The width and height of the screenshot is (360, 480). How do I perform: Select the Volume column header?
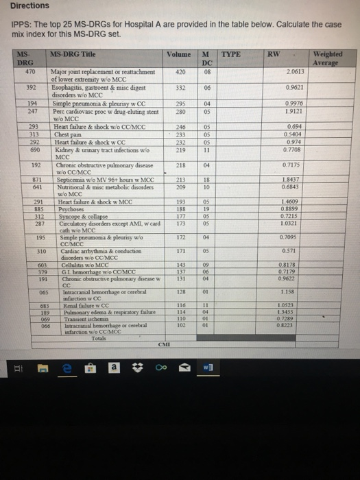[x=178, y=54]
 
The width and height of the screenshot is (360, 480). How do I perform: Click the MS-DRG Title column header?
[x=75, y=53]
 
